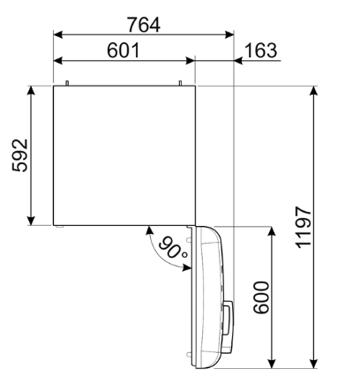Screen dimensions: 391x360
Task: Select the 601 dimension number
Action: pos(123,51)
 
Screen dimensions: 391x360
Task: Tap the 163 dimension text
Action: pos(259,51)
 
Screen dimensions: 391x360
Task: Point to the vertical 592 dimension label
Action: pos(19,156)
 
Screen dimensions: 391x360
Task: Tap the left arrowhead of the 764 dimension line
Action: pos(58,36)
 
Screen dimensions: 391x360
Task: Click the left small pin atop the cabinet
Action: pos(68,84)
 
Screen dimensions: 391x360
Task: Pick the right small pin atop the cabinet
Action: pos(181,84)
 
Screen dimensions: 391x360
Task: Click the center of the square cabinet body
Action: pos(124,156)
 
